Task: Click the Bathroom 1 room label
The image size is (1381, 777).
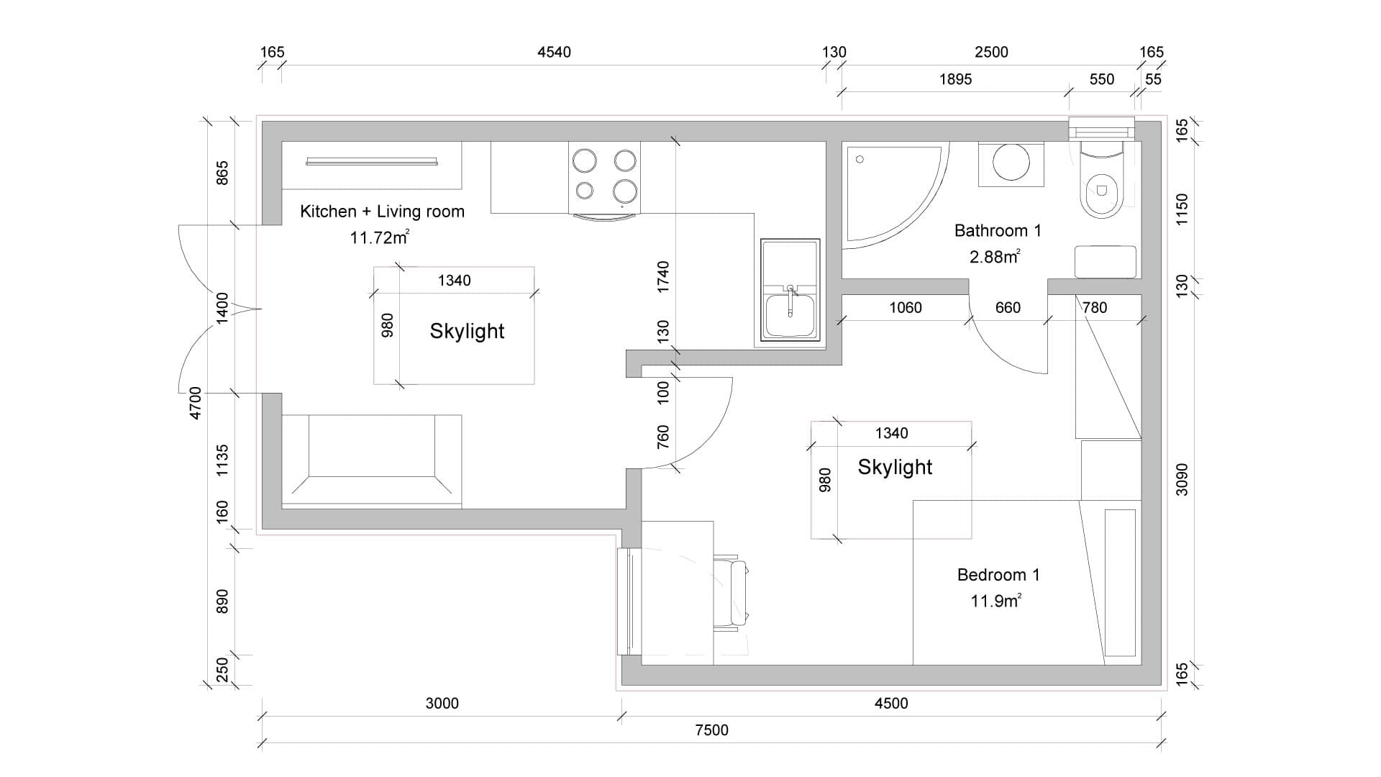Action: pyautogui.click(x=998, y=231)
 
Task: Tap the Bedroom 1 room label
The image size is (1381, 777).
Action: pyautogui.click(x=998, y=575)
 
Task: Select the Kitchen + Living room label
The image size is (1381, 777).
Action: pyautogui.click(x=382, y=212)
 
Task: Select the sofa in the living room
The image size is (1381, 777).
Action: pyautogui.click(x=371, y=461)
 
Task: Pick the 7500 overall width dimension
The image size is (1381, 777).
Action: pyautogui.click(x=711, y=730)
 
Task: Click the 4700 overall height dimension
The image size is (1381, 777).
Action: pyautogui.click(x=195, y=404)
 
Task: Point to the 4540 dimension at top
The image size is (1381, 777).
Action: pyautogui.click(x=554, y=52)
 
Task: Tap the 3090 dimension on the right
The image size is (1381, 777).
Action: pyautogui.click(x=1182, y=479)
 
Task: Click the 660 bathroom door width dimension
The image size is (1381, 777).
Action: pyautogui.click(x=1008, y=308)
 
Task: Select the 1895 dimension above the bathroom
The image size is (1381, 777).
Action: pyautogui.click(x=955, y=79)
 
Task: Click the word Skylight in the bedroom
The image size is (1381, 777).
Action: pyautogui.click(x=895, y=468)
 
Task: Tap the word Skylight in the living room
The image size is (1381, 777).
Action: pyautogui.click(x=467, y=332)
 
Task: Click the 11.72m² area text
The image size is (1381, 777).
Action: pyautogui.click(x=380, y=237)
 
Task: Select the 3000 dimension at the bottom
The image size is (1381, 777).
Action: pyautogui.click(x=442, y=704)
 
